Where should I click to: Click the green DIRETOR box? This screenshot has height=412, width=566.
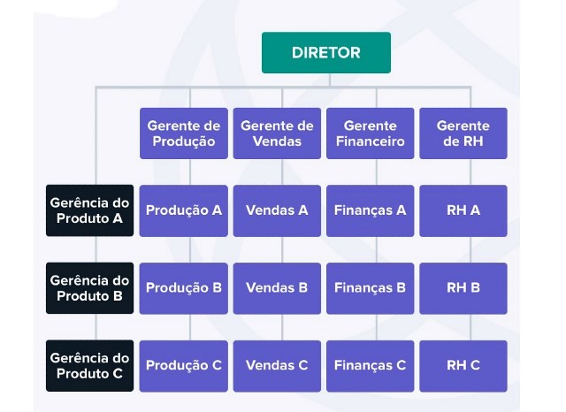tap(325, 52)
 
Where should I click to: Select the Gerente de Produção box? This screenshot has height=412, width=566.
tap(183, 133)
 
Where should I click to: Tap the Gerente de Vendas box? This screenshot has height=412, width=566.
tap(277, 133)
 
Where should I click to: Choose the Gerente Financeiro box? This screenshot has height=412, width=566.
tap(370, 133)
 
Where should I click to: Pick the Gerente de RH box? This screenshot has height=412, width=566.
tap(463, 133)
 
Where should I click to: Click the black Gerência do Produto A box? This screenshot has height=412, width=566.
tap(89, 210)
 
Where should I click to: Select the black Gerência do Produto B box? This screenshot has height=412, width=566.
tap(89, 287)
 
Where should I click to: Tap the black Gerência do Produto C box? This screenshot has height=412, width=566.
tap(89, 365)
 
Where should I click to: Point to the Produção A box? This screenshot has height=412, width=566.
tap(183, 210)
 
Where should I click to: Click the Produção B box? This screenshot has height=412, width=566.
tap(183, 287)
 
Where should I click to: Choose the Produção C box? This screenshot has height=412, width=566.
tap(183, 365)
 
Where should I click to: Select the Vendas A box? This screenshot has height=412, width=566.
tap(277, 210)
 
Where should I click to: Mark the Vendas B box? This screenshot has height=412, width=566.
tap(277, 287)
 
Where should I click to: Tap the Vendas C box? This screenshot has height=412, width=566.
tap(277, 365)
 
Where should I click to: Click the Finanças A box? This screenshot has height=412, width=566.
tap(370, 210)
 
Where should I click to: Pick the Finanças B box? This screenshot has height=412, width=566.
tap(370, 287)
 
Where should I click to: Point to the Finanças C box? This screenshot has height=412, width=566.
tap(370, 365)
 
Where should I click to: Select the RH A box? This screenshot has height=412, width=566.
tap(463, 210)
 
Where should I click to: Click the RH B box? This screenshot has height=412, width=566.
tap(463, 287)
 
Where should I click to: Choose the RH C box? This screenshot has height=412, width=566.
tap(463, 365)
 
